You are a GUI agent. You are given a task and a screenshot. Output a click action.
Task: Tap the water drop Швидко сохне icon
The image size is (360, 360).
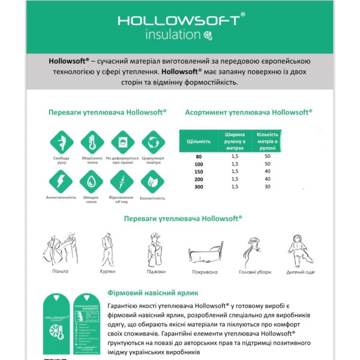click(91, 181)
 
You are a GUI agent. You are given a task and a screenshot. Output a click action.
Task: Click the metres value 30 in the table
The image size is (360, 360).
click(267, 187)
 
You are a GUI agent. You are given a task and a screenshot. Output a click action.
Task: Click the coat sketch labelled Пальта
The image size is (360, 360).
click(60, 249)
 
